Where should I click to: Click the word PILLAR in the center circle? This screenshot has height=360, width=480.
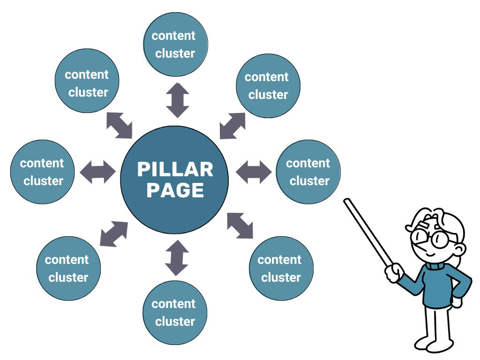click(175, 170)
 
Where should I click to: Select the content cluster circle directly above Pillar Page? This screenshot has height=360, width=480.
click(175, 45)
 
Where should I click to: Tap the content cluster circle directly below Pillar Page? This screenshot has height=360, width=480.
click(175, 313)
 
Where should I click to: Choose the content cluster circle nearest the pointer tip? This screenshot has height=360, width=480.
click(308, 172)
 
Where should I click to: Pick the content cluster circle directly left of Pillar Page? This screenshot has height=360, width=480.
click(43, 172)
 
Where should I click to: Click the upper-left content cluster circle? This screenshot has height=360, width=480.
click(87, 83)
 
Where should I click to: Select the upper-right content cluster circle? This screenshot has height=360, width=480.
click(268, 85)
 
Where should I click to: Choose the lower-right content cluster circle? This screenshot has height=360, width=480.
click(281, 269)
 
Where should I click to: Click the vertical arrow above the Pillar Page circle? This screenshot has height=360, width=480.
click(178, 100)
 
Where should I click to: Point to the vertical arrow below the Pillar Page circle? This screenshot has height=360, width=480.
click(177, 257)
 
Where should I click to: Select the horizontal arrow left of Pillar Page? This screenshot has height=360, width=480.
click(97, 172)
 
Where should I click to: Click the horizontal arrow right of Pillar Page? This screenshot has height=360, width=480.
click(254, 172)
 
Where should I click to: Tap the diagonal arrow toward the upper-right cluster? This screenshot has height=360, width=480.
click(232, 126)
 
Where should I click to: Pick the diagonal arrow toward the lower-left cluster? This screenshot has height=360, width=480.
click(114, 233)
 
